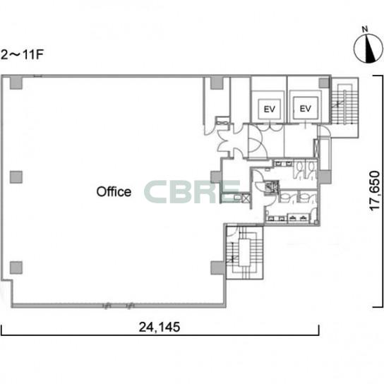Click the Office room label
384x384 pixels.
tap(114, 192)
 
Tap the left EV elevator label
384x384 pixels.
tap(270, 109)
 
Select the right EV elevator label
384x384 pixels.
tap(306, 109)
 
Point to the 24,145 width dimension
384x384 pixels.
tap(160, 327)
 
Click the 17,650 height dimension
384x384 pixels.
tap(375, 191)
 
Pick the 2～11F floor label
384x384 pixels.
tap(22, 54)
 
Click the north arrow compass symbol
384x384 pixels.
tap(368, 48)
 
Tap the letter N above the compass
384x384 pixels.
tap(365, 29)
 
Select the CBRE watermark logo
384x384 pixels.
tap(192, 192)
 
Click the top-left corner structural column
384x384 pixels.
tap(16, 83)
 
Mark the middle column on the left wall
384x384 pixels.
tap(16, 177)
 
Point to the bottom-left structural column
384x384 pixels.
tap(16, 268)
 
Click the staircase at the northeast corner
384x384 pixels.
tap(344, 107)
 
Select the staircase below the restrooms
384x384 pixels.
tap(244, 252)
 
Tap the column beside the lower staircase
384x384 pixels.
tap(217, 268)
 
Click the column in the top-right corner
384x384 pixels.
tap(324, 83)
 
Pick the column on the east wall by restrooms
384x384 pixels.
tap(325, 177)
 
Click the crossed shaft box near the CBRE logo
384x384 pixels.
tap(246, 198)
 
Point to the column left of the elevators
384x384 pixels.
tap(217, 83)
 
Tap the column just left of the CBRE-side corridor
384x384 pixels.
tap(216, 177)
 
